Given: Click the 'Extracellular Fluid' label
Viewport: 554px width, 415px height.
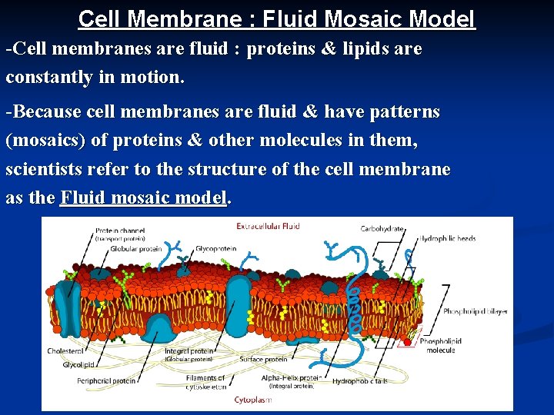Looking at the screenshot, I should pyautogui.click(x=268, y=226).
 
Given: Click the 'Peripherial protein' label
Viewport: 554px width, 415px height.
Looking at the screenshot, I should pyautogui.click(x=106, y=380).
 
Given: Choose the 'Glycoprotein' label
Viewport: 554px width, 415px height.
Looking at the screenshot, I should pyautogui.click(x=215, y=249).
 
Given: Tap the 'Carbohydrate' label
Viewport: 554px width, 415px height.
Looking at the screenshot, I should pyautogui.click(x=382, y=228).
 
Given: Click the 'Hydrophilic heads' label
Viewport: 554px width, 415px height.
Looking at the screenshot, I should pyautogui.click(x=447, y=238).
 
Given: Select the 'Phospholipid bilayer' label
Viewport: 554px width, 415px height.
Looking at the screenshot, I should pyautogui.click(x=475, y=311).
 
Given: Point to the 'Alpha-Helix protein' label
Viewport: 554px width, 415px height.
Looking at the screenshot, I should pyautogui.click(x=291, y=378).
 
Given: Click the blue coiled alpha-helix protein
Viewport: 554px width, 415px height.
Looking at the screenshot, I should pyautogui.click(x=354, y=307).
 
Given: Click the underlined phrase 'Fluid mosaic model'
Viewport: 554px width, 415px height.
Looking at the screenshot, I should pyautogui.click(x=144, y=198).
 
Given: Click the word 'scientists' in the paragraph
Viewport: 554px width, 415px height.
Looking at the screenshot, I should pyautogui.click(x=44, y=169).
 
